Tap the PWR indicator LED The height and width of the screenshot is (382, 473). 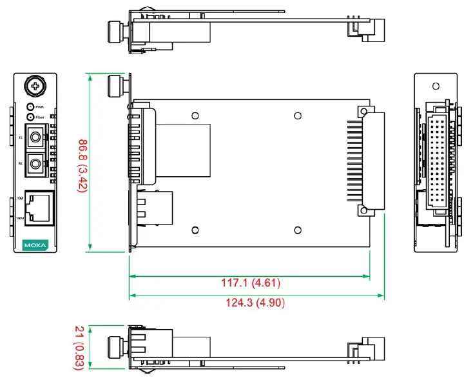[30, 106]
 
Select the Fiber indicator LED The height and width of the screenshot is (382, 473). [30, 117]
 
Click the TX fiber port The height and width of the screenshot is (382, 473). [35, 138]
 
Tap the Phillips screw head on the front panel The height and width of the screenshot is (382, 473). [34, 85]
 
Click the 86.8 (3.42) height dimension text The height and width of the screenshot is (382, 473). [82, 163]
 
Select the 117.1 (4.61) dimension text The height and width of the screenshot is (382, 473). [251, 283]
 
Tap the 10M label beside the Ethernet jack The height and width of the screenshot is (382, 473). [20, 198]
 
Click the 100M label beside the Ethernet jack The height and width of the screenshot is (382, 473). [20, 219]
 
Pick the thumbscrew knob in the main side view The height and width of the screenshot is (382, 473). [116, 85]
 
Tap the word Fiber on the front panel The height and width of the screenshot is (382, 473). [40, 117]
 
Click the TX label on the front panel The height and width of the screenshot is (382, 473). [20, 138]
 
